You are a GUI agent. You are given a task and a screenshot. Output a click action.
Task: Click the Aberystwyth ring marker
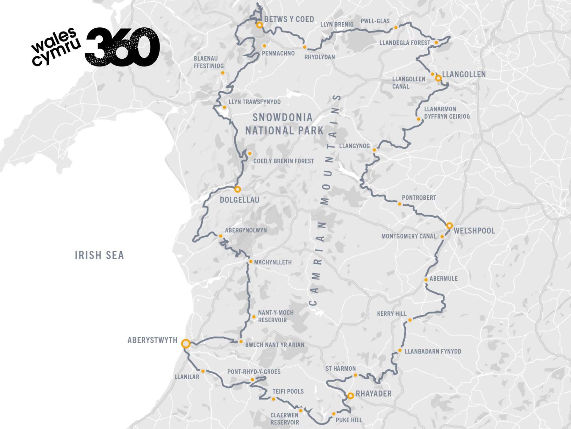tap(186, 343)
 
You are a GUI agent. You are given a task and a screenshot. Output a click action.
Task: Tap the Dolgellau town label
tap(239, 200)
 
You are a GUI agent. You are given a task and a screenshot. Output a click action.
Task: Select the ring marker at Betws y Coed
tap(260, 25)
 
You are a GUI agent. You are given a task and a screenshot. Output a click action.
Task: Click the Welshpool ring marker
tap(449, 225)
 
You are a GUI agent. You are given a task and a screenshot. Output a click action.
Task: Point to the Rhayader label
tap(374, 394)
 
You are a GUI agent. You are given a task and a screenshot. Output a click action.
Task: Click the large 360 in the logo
tap(123, 47)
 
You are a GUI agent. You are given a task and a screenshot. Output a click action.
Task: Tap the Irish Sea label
tap(99, 255)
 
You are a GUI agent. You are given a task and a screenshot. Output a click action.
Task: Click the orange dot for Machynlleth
tap(251, 262)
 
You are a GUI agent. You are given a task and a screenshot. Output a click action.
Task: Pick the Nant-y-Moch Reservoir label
tap(276, 316)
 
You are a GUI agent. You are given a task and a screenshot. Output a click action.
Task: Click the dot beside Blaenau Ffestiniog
tap(223, 73)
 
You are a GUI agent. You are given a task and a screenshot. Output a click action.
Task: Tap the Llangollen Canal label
tap(408, 83)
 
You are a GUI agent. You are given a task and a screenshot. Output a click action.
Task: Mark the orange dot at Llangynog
tap(374, 150)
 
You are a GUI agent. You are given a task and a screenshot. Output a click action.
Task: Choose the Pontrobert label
tap(419, 198)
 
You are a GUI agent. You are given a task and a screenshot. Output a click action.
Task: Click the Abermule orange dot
tap(426, 280)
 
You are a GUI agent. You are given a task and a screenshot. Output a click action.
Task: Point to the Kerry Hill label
tap(391, 314)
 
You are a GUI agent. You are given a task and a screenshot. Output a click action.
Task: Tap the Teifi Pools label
tap(288, 391)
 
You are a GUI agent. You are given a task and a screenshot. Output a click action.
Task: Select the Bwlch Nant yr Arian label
tap(274, 345)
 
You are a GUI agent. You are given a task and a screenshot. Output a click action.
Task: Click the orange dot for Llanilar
tap(203, 371)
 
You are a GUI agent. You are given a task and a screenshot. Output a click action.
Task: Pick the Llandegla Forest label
tap(404, 43)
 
